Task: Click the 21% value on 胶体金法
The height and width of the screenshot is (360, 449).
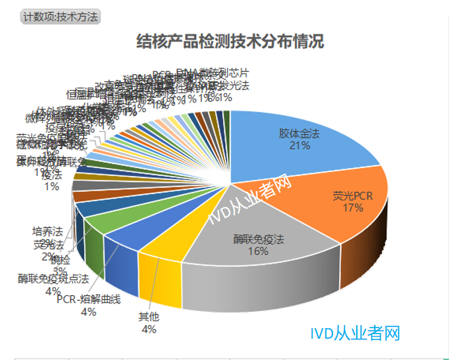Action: coord(299,146)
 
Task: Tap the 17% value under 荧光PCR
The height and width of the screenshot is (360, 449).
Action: coord(353,208)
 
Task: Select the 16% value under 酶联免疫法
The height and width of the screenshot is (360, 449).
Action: coord(258,251)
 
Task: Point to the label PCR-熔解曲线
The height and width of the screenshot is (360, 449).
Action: coord(88,300)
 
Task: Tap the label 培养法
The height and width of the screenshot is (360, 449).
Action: coord(47,232)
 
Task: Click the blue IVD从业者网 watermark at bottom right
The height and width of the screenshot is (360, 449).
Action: coord(355,333)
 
